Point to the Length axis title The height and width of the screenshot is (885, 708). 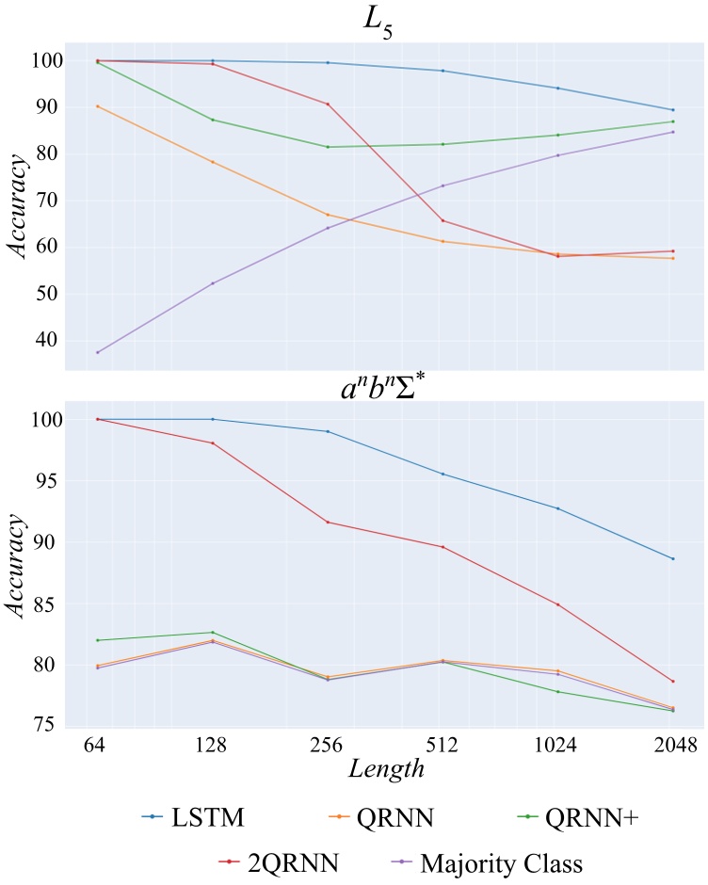coord(385,768)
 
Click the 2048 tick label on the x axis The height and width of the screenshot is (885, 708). coord(672,744)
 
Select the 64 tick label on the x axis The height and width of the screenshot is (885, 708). coord(97,744)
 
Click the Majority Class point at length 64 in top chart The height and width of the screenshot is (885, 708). coord(97,352)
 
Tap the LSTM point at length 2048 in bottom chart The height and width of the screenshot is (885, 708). coord(672,558)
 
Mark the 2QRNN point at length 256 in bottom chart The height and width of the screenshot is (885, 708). coord(328,522)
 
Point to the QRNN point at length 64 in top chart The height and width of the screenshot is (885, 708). coord(97,106)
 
